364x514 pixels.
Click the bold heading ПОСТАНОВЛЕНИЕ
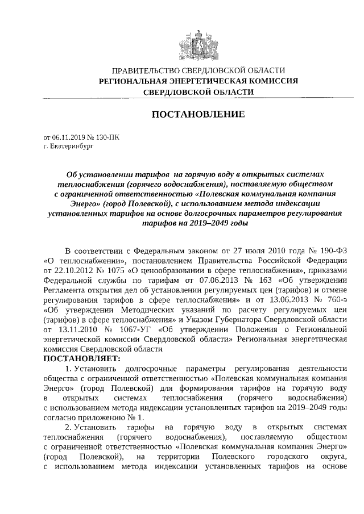coord(197,115)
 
